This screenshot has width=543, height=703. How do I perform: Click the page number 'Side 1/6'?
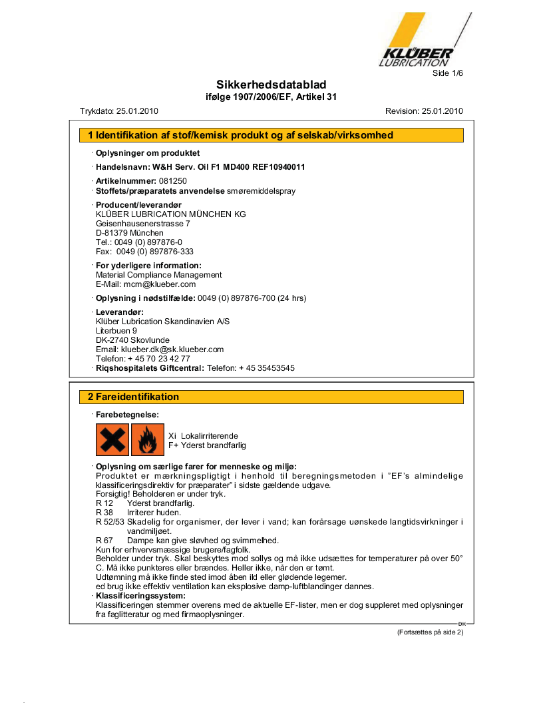(x=447, y=73)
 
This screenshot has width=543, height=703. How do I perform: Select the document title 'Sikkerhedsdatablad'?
(x=271, y=85)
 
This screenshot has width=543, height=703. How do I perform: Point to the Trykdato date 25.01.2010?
(x=136, y=111)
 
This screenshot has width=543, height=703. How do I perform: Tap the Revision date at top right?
(x=442, y=111)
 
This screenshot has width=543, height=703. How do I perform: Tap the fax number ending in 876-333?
(x=155, y=252)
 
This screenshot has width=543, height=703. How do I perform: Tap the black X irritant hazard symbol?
(x=112, y=439)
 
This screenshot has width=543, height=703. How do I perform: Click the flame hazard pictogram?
(x=147, y=439)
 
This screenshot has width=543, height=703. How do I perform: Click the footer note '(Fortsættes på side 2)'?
(x=429, y=632)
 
